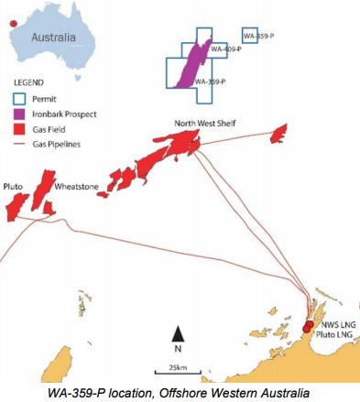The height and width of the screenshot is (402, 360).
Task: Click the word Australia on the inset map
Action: tap(59, 40)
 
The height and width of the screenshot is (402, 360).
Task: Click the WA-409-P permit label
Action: tap(225, 49)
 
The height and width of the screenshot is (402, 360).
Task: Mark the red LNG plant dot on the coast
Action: tap(308, 327)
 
